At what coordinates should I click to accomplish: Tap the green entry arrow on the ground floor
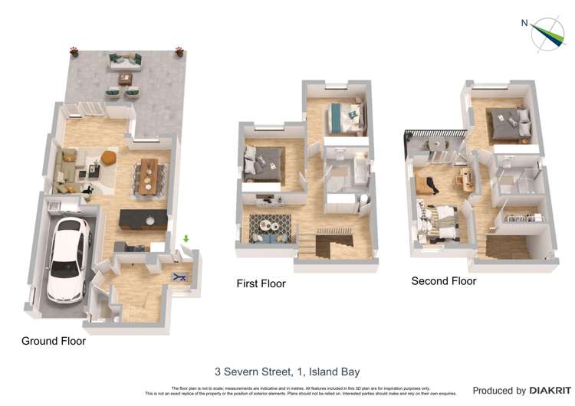click(x=185, y=239)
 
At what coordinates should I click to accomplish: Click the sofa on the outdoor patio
click(x=124, y=59)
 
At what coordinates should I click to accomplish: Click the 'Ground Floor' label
click(x=54, y=341)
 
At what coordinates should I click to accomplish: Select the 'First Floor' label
click(x=261, y=283)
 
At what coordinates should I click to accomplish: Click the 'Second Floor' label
click(x=444, y=281)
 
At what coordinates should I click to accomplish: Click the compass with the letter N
click(x=547, y=34)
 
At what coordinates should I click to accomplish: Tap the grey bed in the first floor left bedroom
click(x=261, y=163)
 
